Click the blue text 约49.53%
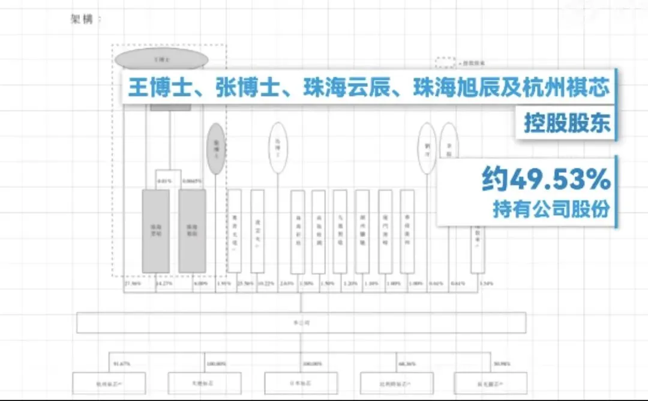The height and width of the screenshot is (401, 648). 546,179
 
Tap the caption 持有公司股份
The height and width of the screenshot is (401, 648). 551,208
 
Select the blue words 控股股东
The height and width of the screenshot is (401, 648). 566,122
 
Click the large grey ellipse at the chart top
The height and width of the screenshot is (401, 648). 161,59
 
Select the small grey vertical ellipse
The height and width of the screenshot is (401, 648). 216,149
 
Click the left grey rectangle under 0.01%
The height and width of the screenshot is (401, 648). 155,231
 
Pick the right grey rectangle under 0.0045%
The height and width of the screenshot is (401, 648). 192,231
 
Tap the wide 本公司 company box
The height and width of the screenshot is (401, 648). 301,322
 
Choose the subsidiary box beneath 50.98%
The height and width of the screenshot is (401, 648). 490,383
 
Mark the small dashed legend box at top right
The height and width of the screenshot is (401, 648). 445,62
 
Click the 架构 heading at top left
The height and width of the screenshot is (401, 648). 83,19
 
